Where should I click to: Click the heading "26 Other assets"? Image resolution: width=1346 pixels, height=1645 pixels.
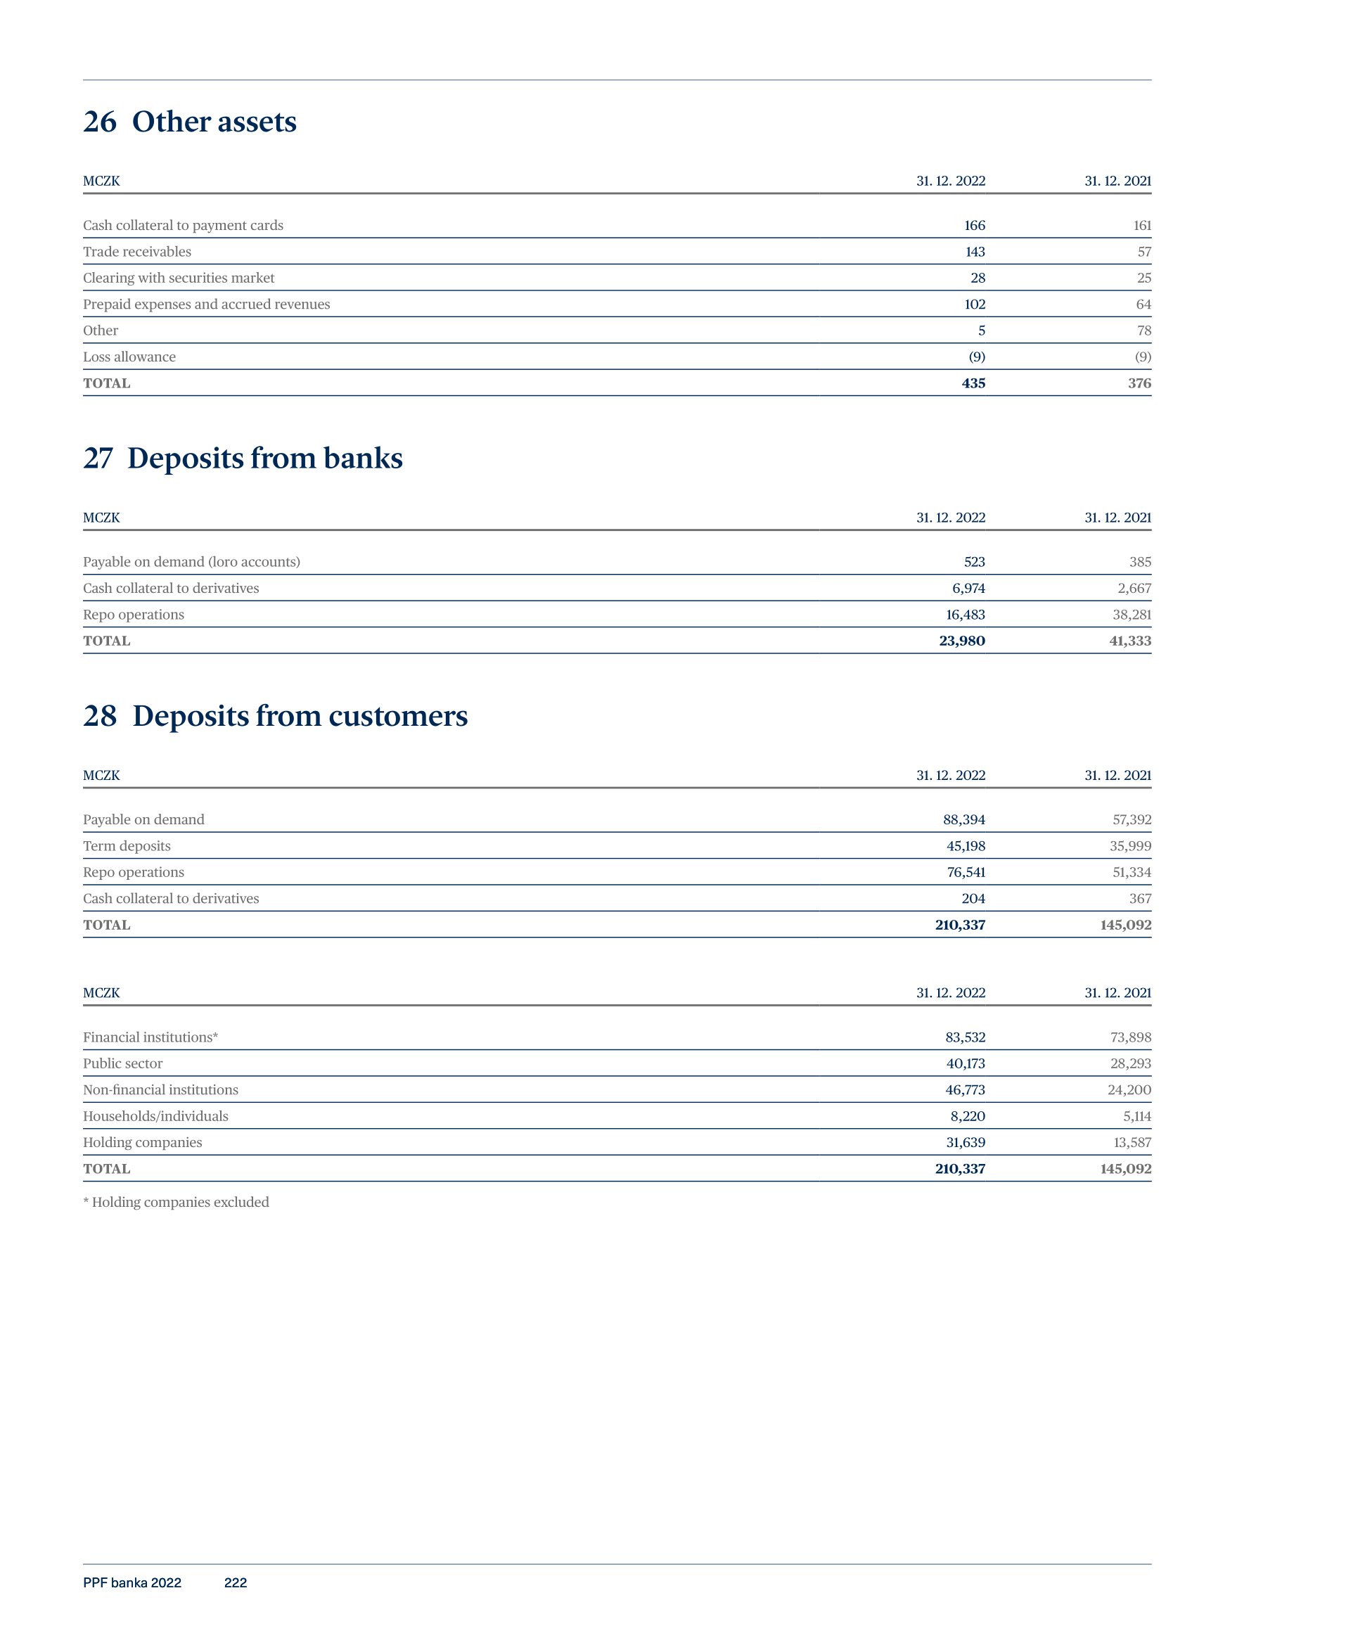(x=190, y=122)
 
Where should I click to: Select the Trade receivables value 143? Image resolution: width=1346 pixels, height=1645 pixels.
(x=975, y=252)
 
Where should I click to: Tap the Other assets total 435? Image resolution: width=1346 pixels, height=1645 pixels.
(x=973, y=383)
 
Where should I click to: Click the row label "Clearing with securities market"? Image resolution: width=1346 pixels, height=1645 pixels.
(x=179, y=278)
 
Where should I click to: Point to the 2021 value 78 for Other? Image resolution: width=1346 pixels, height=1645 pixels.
(x=1143, y=331)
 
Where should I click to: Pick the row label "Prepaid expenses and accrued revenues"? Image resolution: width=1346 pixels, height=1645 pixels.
(x=206, y=304)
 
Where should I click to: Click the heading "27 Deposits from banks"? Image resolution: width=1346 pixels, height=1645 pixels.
(x=243, y=458)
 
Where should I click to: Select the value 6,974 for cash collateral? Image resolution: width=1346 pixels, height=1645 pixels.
(x=968, y=589)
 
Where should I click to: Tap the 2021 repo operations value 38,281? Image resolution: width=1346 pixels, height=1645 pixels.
(x=1132, y=615)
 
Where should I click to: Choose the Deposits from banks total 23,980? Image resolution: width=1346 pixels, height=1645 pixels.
(x=961, y=641)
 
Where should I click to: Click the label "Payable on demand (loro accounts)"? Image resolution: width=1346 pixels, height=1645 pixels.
(x=191, y=562)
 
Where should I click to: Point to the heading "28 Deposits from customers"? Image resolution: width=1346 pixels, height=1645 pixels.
(x=275, y=715)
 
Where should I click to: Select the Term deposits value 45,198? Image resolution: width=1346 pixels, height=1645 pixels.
(x=966, y=846)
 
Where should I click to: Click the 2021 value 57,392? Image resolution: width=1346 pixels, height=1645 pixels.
(x=1132, y=819)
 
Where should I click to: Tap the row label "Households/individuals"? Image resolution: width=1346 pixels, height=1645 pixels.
(x=156, y=1116)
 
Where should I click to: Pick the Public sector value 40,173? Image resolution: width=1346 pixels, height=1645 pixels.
(x=966, y=1063)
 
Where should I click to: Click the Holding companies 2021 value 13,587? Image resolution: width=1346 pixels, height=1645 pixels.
(x=1132, y=1143)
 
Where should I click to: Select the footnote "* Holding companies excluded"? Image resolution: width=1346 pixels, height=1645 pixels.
(x=176, y=1203)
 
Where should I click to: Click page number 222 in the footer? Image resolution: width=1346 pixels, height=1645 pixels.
(x=235, y=1583)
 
